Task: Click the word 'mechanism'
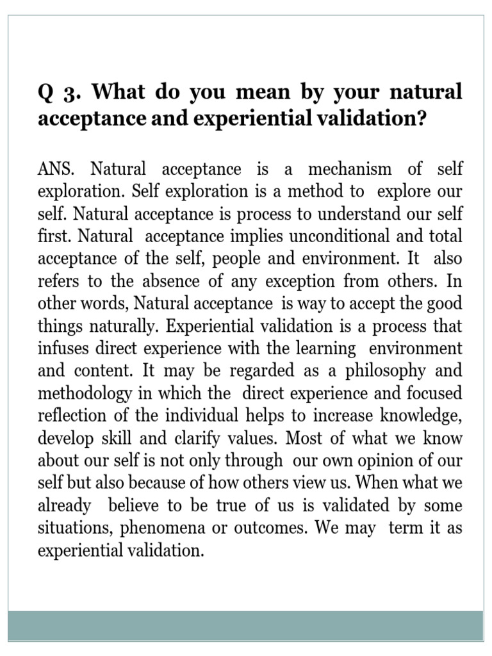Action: click(x=349, y=169)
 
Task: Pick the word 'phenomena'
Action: click(x=152, y=528)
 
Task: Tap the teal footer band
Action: click(x=245, y=626)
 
